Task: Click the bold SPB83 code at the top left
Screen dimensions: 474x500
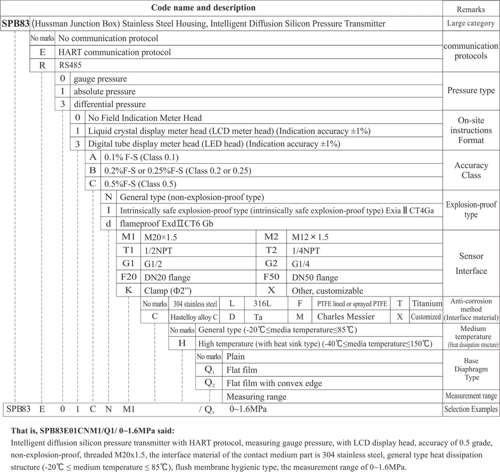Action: [17, 24]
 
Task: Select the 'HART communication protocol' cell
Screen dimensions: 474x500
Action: [115, 52]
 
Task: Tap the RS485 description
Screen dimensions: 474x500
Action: [71, 66]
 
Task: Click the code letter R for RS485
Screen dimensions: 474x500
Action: [42, 66]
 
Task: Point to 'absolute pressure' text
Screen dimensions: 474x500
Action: [104, 92]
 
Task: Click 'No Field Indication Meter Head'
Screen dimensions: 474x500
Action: [145, 118]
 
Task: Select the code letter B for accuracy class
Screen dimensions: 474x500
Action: [92, 170]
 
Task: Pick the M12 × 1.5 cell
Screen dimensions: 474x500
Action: [310, 237]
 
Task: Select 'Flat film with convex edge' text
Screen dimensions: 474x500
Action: [274, 383]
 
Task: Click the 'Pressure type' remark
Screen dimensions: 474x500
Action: [471, 91]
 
